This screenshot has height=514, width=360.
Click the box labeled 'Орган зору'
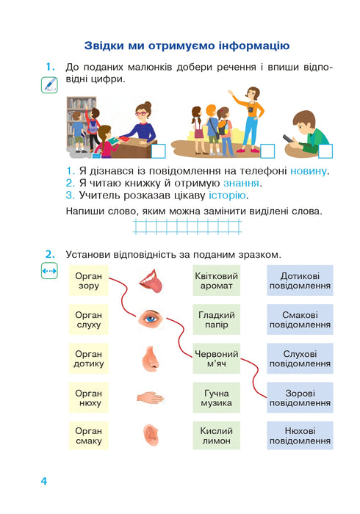click(x=88, y=280)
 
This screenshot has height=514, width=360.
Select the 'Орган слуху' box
click(x=88, y=319)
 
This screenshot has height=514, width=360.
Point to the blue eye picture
click(x=151, y=318)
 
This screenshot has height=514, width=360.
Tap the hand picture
click(x=151, y=397)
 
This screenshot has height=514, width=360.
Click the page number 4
click(x=44, y=481)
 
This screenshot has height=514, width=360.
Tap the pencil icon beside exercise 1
click(x=49, y=86)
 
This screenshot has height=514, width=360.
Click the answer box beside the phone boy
click(x=325, y=151)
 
